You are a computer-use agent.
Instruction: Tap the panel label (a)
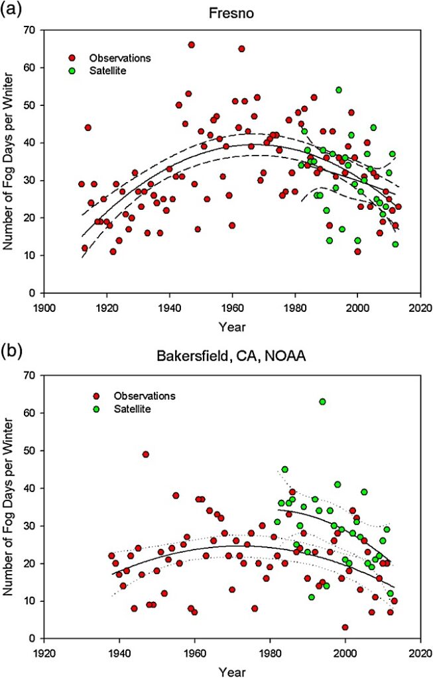[x=14, y=10]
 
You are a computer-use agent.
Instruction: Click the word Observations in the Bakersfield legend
[x=145, y=396]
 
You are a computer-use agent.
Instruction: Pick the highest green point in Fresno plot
[x=338, y=90]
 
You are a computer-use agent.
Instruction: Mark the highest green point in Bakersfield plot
[x=322, y=401]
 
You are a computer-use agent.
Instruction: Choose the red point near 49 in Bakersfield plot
[x=145, y=454]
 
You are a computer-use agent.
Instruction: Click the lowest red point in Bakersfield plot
[x=345, y=627]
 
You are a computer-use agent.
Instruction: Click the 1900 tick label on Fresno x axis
[x=44, y=307]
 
